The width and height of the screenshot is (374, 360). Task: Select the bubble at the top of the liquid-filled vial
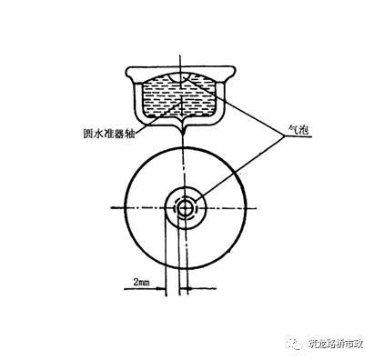186,83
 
